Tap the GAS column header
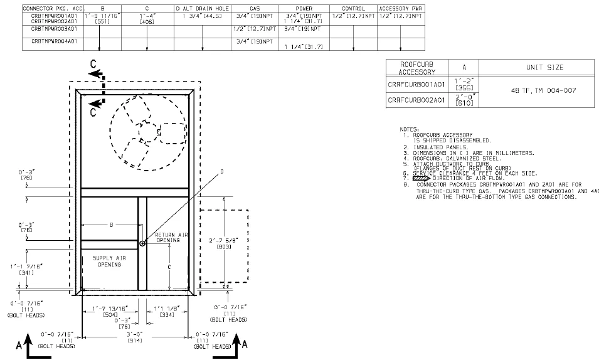[x=254, y=8]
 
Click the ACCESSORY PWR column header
[x=401, y=8]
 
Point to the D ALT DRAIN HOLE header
[x=202, y=8]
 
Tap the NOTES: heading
[x=410, y=129]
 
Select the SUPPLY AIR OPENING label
[x=109, y=261]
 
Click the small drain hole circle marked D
[x=143, y=243]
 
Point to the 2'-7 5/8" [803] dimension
[x=224, y=243]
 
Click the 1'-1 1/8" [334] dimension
[x=167, y=310]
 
